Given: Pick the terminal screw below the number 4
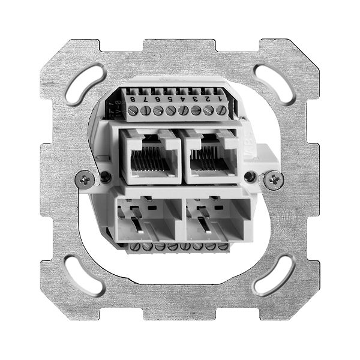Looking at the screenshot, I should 183,110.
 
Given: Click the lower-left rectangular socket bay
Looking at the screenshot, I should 147,218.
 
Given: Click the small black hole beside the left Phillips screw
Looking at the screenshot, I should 104,177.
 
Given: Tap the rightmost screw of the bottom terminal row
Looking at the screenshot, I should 223,246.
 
